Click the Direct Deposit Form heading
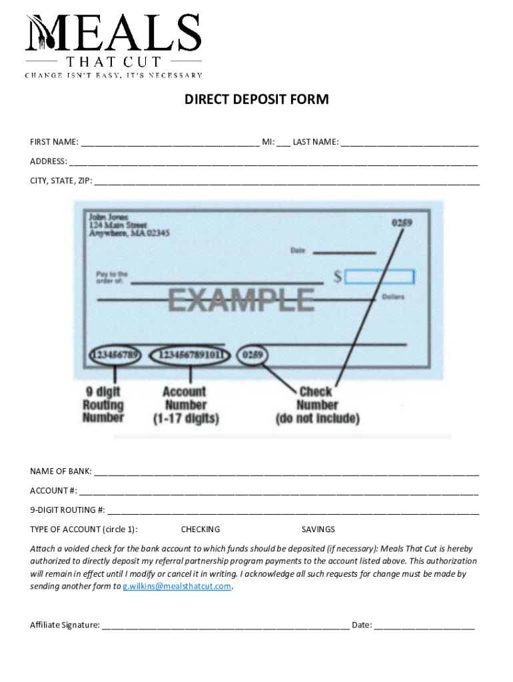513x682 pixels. click(x=256, y=100)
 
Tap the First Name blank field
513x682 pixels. click(x=170, y=143)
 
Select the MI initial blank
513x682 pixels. click(x=284, y=143)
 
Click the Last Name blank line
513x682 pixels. click(x=410, y=143)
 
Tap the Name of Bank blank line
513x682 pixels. click(x=286, y=473)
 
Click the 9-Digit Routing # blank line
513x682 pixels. click(x=293, y=511)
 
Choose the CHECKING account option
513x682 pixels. click(x=201, y=529)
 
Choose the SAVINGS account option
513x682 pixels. click(x=318, y=529)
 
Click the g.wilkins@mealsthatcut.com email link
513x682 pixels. click(x=177, y=587)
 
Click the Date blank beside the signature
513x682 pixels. click(x=424, y=626)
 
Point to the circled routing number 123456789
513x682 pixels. click(x=117, y=355)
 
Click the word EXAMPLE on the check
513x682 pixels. click(x=241, y=300)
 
